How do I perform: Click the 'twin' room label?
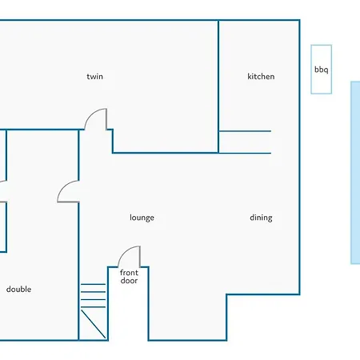pos(94,77)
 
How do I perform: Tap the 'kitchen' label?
pos(261,77)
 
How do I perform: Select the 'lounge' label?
pos(142,218)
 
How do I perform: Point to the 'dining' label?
pos(261,218)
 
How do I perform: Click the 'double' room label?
pos(18,289)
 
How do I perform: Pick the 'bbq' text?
pos(321,70)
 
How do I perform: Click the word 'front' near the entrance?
pos(129,273)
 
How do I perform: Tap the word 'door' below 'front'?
pos(129,280)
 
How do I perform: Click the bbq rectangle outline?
pos(311,70)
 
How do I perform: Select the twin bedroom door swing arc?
pos(91,114)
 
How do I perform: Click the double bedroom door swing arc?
pos(64,186)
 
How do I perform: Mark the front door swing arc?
pos(125,252)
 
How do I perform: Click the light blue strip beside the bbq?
pos(355,173)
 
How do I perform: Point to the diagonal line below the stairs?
pos(93,324)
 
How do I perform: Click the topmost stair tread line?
pos(93,285)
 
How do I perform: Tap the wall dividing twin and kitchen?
pos(218,86)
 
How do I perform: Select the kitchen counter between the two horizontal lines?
pos(245,142)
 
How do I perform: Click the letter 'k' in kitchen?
pos(250,77)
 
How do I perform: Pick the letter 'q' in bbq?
pos(326,70)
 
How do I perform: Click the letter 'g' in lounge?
pos(148,218)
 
